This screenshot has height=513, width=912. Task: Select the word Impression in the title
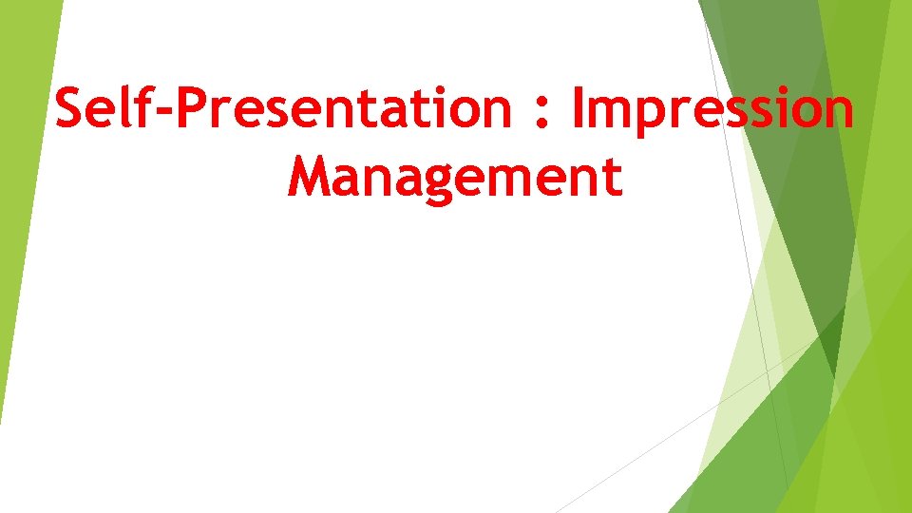[x=712, y=109]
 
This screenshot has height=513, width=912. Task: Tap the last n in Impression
[x=836, y=112]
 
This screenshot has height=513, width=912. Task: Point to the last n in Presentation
[x=493, y=112]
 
